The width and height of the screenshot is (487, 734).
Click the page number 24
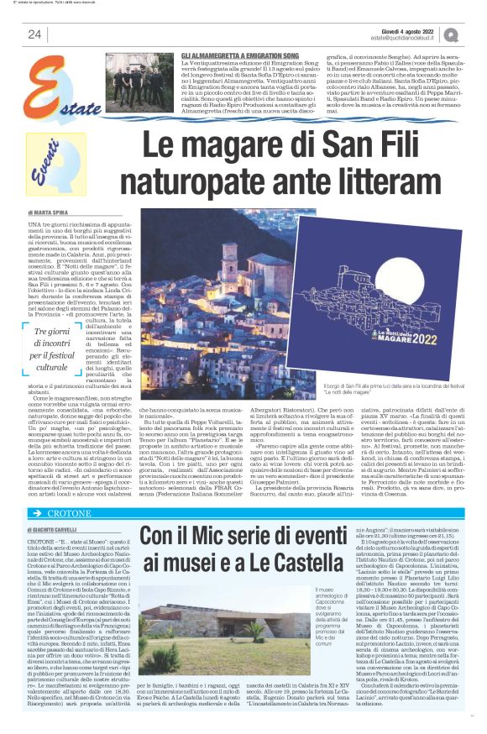point(34,34)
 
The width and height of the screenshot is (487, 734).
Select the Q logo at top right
point(452,34)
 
